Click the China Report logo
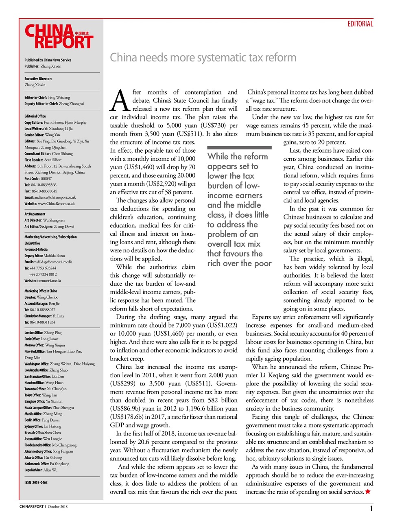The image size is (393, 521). pyautogui.click(x=59, y=37)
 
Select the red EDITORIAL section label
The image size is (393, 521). pyautogui.click(x=360, y=24)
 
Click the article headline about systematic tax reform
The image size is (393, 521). pyautogui.click(x=203, y=57)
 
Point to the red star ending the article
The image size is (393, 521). pyautogui.click(x=368, y=492)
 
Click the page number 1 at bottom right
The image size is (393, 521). pyautogui.click(x=371, y=508)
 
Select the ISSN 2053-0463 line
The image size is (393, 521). pyautogui.click(x=36, y=482)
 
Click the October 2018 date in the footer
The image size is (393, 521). pyautogui.click(x=58, y=507)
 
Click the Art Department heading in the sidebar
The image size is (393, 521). pyautogui.click(x=35, y=214)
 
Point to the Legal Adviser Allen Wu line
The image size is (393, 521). pyautogui.click(x=41, y=470)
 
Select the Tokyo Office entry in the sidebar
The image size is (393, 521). pyautogui.click(x=41, y=395)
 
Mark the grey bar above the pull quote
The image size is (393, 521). pyautogui.click(x=239, y=148)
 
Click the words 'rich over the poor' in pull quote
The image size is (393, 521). pyautogui.click(x=239, y=263)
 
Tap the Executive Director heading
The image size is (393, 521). pyautogui.click(x=38, y=79)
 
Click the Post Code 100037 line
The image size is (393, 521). pyautogui.click(x=38, y=179)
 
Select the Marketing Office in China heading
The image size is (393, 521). pyautogui.click(x=41, y=291)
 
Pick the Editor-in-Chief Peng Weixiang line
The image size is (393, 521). pyautogui.click(x=47, y=98)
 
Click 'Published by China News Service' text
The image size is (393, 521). pyautogui.click(x=48, y=60)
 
